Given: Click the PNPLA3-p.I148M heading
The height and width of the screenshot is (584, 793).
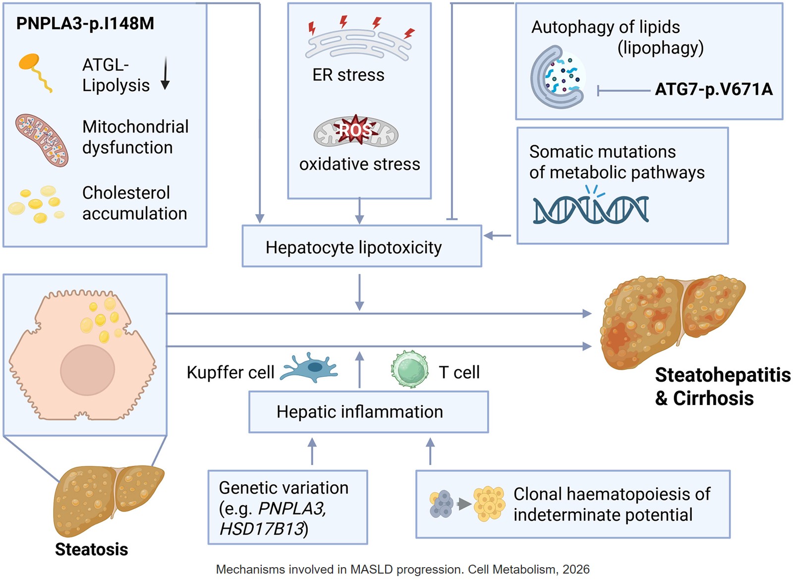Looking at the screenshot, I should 85,23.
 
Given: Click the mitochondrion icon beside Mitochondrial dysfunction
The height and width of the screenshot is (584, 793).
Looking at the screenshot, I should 42,140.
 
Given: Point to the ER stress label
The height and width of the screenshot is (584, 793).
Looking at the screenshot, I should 348,75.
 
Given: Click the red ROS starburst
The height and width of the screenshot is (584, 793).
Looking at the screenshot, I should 355,130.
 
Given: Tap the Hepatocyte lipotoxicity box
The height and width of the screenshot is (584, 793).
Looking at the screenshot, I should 361,246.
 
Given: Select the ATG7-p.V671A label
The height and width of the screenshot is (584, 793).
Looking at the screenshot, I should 713,89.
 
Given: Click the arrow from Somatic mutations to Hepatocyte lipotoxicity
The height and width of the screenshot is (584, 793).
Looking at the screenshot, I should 498,235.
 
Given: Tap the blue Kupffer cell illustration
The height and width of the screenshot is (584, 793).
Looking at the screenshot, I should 310,368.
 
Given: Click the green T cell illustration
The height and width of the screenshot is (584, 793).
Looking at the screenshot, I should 409,369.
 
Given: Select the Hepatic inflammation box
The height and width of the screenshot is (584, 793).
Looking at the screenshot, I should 368,411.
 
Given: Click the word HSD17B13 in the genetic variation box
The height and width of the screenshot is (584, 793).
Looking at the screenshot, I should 262,529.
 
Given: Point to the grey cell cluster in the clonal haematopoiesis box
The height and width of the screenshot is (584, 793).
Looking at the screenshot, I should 441,504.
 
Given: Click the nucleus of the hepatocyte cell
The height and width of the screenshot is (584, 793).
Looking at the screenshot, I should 87,370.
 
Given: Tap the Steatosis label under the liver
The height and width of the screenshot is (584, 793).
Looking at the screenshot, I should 91,549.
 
